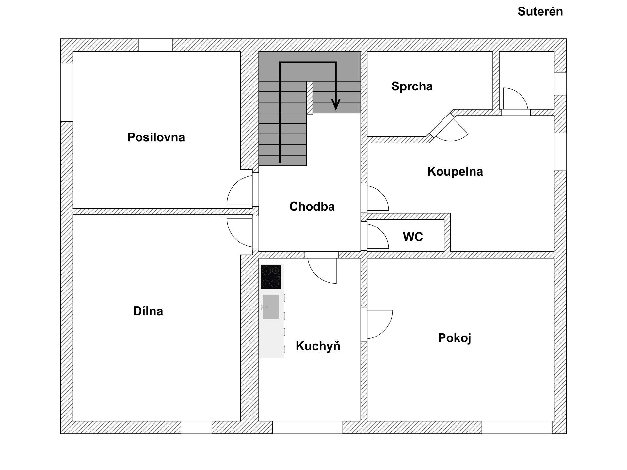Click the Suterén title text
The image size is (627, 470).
pos(540,12)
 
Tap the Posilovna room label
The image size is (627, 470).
pos(156,137)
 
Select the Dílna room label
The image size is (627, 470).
pos(148,311)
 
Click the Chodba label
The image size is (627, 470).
pos(312,206)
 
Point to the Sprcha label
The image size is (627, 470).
pos(412,86)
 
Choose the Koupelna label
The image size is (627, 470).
pos(455,171)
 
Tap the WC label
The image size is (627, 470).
pos(413,237)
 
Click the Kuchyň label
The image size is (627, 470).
pos(318,346)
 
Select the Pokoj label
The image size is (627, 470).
pos(454,338)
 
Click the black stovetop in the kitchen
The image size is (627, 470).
pos(271,277)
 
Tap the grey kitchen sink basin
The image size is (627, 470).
pos(271,306)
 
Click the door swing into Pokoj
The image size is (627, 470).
pos(379,324)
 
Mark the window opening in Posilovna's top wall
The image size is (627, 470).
pos(155,45)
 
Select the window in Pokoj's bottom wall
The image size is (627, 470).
pos(517,427)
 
